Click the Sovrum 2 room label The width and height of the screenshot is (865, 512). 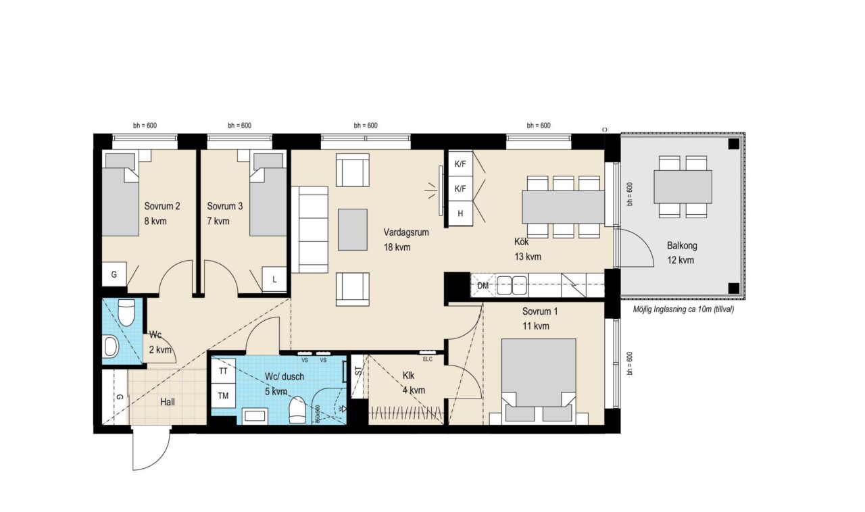click(162, 206)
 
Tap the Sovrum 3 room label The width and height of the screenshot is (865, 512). click(225, 206)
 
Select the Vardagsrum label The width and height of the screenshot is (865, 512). click(406, 232)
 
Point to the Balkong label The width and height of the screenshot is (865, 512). click(682, 246)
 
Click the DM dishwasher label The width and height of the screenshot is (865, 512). click(483, 286)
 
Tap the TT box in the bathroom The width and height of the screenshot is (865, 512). click(223, 371)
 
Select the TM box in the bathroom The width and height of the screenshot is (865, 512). click(223, 396)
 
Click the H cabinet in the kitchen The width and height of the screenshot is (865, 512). click(460, 213)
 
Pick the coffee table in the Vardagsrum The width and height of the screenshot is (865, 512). click(353, 230)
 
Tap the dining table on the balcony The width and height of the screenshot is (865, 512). click(683, 187)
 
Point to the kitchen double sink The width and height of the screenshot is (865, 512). click(512, 286)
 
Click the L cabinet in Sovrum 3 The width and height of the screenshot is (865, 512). click(274, 279)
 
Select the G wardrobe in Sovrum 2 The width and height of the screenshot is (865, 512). click(114, 274)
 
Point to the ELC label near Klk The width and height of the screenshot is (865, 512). click(428, 359)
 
